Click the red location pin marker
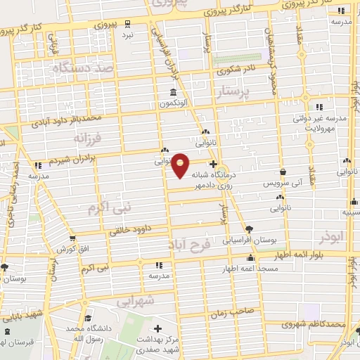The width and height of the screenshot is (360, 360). pyautogui.click(x=181, y=165)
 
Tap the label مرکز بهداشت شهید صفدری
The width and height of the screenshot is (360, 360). pyautogui.click(x=158, y=345)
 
